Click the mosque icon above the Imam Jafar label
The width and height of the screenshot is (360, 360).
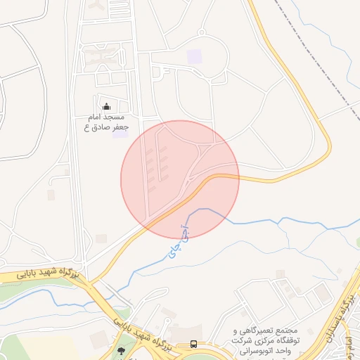(107, 106)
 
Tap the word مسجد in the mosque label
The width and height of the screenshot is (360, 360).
(115, 116)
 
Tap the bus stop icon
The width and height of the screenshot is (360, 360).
(193, 345)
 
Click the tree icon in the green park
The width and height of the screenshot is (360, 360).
(121, 350)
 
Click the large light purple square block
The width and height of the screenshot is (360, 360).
(194, 55)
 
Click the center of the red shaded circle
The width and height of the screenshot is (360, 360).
(180, 179)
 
